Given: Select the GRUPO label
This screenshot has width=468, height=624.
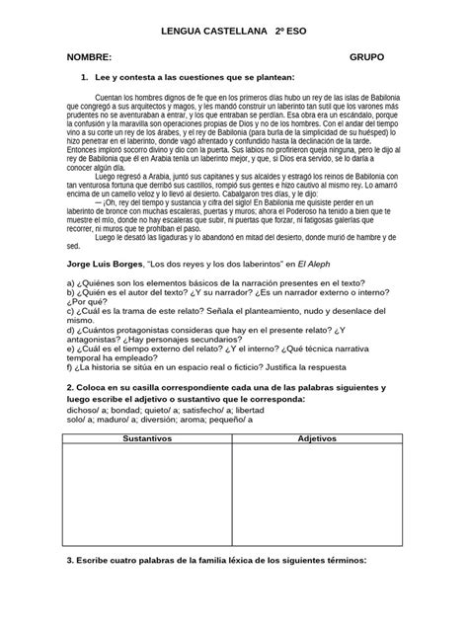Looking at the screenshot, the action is (367, 58).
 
